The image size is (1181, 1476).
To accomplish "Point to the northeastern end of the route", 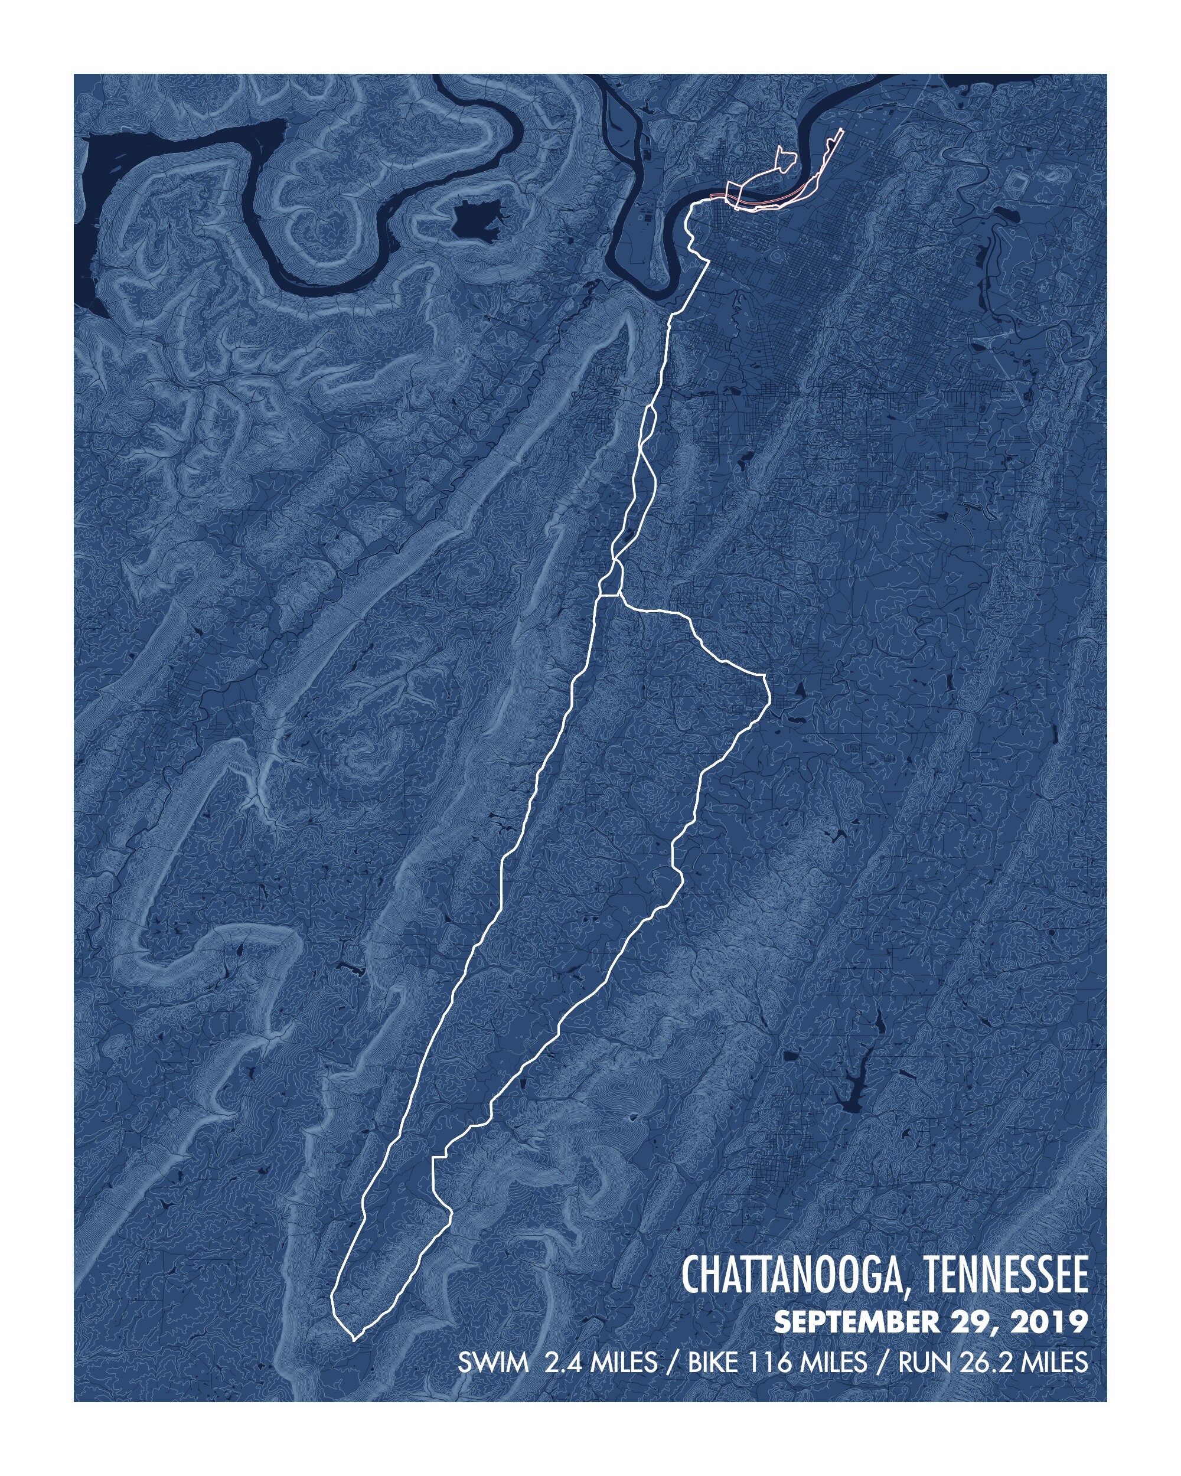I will coord(841,130).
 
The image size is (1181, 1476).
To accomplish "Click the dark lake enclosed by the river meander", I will coord(478,220).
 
